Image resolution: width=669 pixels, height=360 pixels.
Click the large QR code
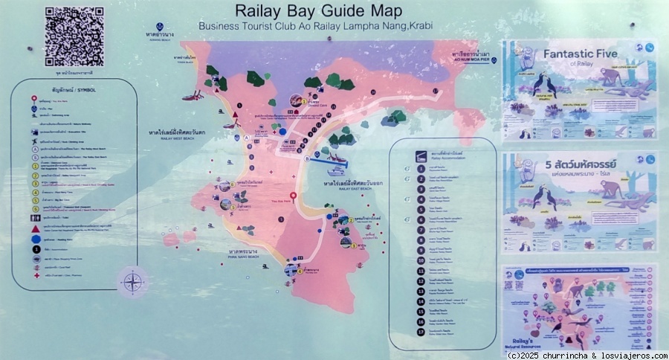tap(74, 35)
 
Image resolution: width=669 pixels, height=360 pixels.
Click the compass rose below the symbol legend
tap(132, 282)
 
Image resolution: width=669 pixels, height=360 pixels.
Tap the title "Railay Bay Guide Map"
tap(318, 11)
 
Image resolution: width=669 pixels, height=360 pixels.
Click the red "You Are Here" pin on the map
tap(294, 198)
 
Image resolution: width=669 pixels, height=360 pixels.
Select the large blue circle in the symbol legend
tap(35, 240)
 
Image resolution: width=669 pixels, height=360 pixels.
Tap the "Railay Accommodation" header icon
tap(421, 156)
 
